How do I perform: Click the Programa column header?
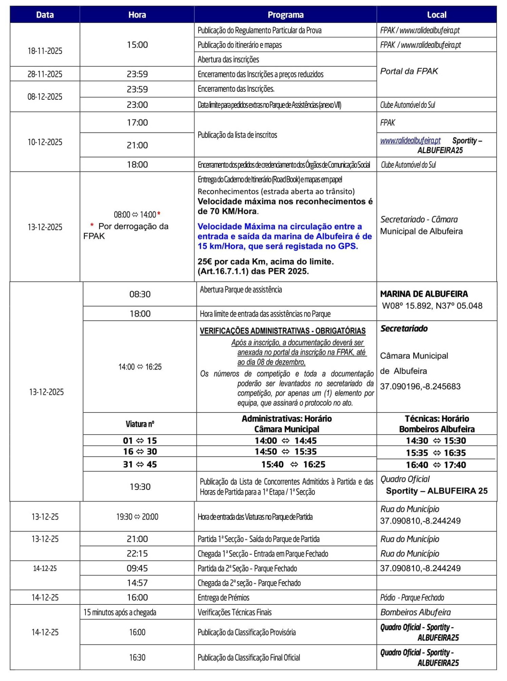[285, 15]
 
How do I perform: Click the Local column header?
[436, 15]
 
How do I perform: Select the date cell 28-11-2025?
[45, 74]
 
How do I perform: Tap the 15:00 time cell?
[137, 45]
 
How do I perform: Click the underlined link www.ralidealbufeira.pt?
[410, 140]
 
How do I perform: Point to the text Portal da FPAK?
[409, 71]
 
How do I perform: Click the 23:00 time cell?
[137, 105]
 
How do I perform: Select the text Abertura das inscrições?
[228, 59]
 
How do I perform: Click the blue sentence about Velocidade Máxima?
[285, 236]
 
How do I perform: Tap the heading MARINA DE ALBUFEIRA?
[424, 294]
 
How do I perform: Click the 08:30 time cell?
[140, 294]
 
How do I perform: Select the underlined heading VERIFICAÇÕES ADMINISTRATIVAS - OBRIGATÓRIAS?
[282, 331]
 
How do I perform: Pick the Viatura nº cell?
[140, 424]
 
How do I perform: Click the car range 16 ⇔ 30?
[140, 452]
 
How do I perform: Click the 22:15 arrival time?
[137, 554]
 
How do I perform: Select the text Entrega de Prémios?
[224, 598]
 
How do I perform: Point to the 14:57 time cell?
[137, 583]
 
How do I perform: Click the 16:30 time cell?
[137, 657]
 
